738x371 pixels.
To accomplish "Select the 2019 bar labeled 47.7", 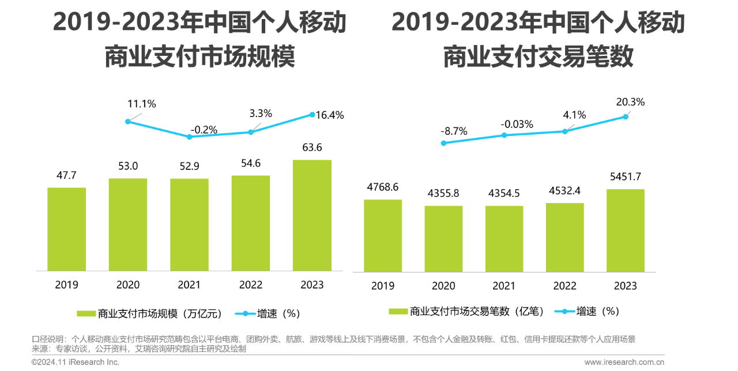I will coord(66,229).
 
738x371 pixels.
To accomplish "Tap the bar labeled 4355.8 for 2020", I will coord(443,238).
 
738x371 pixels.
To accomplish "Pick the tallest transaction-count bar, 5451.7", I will coord(626,230).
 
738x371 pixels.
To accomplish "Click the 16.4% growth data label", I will coord(330,115).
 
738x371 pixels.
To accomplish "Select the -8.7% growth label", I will coord(454,131).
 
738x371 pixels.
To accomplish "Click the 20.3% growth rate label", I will coord(630,102).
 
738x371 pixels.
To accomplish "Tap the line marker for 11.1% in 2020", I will coord(128,121).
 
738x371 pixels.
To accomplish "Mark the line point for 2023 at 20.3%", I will coord(626,116).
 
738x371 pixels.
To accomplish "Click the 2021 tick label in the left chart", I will coord(189,285).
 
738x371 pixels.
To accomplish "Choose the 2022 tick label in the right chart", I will coord(564,286).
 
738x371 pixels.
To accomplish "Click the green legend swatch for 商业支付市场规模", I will coord(86,314).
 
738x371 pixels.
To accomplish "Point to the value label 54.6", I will coord(251,163).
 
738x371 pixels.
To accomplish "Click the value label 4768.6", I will coord(383,187).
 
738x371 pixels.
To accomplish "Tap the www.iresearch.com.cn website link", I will coord(624,362).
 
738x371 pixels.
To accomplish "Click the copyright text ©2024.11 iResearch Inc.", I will coord(76,362).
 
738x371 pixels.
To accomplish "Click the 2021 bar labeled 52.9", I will coord(189,225).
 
